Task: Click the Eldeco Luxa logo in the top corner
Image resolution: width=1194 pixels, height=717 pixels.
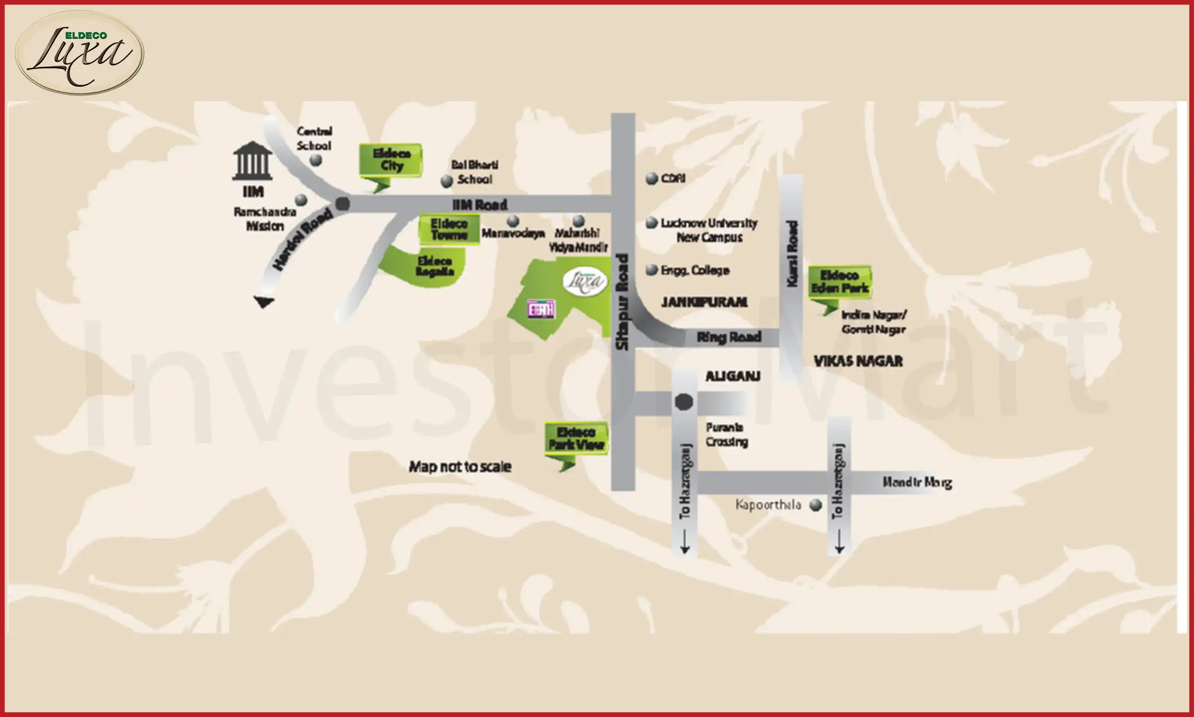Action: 80,53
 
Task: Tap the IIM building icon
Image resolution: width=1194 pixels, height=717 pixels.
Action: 252,161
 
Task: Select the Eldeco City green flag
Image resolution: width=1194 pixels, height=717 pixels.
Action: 391,160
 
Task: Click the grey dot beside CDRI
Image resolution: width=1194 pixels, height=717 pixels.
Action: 652,179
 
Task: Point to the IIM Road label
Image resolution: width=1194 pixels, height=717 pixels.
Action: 480,205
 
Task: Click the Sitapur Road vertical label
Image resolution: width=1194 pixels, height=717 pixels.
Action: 623,302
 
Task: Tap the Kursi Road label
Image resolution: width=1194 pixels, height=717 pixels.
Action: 792,254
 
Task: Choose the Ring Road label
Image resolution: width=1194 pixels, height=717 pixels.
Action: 729,338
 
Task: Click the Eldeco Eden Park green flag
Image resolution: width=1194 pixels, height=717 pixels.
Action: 840,282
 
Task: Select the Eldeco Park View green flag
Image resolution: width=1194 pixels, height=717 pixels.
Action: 576,439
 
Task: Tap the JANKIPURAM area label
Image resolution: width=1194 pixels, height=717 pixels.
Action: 704,302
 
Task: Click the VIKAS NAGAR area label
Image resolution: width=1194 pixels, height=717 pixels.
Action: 858,361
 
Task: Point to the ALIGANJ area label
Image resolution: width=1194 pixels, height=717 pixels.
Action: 733,376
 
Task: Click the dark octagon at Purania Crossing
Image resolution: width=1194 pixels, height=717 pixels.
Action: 684,402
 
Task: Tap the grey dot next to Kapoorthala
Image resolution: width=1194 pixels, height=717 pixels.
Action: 816,505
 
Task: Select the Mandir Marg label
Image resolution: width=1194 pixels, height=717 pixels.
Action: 917,482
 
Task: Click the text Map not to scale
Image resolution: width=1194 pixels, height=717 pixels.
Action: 460,467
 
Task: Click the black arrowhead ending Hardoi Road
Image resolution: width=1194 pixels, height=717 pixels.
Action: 264,302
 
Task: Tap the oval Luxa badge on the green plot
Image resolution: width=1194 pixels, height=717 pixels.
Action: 586,282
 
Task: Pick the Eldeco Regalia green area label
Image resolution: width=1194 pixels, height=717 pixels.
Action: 435,266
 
